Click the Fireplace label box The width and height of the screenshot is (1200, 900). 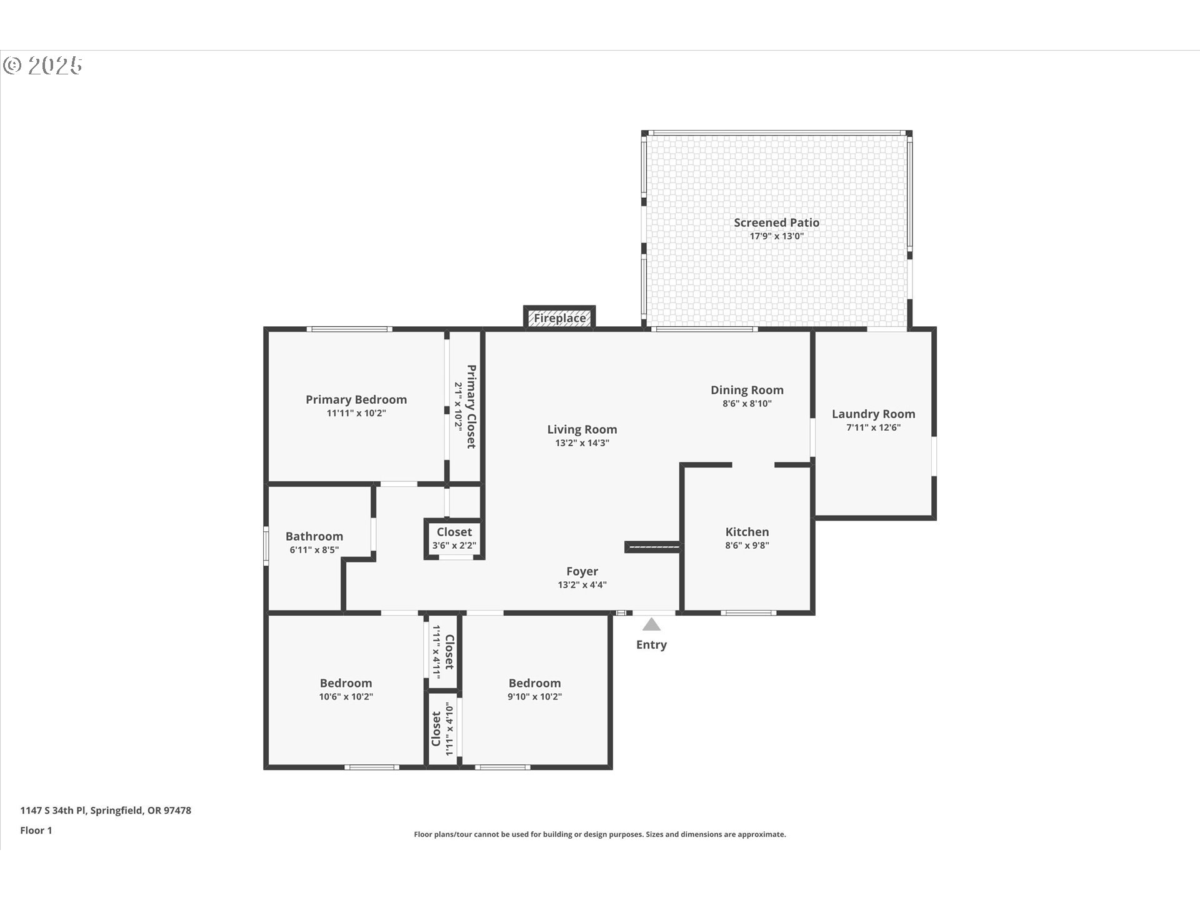(559, 318)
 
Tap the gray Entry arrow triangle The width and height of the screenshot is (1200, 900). (651, 624)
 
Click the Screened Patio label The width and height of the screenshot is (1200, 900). (776, 222)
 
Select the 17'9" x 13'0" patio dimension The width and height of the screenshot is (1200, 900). (776, 236)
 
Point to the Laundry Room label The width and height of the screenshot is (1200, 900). (873, 414)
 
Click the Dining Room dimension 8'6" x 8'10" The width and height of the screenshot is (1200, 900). (747, 404)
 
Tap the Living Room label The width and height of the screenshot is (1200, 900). (582, 429)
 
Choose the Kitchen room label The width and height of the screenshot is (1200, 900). (747, 532)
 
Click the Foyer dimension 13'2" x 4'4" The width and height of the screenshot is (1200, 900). (582, 585)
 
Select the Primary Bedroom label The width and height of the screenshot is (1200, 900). (356, 399)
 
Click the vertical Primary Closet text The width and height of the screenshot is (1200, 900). (471, 406)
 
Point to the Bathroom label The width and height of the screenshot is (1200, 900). (314, 536)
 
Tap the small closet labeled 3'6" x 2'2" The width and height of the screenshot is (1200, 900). (454, 538)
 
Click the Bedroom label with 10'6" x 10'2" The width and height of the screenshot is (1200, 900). (346, 683)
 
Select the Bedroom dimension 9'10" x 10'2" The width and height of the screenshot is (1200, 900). (534, 697)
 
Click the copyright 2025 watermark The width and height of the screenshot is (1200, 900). (42, 66)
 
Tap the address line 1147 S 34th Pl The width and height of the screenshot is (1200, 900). (106, 811)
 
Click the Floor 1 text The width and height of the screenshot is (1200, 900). (36, 831)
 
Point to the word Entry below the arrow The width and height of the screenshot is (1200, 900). (651, 644)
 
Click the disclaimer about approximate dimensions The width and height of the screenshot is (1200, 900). (599, 834)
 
